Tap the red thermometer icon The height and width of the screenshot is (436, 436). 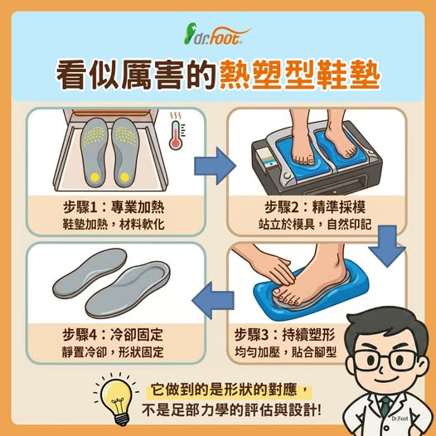tap(176, 135)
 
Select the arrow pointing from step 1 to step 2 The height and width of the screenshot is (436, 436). tap(215, 166)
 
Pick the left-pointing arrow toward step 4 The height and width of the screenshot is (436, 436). tap(213, 300)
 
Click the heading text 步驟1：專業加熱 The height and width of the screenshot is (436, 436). tap(114, 207)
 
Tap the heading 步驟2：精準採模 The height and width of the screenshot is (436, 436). tap(315, 207)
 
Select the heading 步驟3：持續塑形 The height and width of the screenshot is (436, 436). tap(284, 334)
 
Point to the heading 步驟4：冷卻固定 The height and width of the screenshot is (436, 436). tap(113, 334)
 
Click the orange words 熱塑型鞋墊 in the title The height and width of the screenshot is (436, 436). tap(300, 75)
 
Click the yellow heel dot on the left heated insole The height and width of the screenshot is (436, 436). tap(94, 177)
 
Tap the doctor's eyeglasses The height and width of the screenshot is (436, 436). tap(386, 360)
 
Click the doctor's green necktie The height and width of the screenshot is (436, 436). tap(385, 407)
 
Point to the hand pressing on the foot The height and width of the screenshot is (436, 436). tap(264, 264)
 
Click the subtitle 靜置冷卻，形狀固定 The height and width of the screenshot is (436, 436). tap(113, 352)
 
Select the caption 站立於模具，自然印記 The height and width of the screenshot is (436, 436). tap(315, 225)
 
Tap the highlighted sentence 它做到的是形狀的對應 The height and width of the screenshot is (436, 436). tap(224, 390)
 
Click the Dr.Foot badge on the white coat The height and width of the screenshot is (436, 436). tap(400, 419)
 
